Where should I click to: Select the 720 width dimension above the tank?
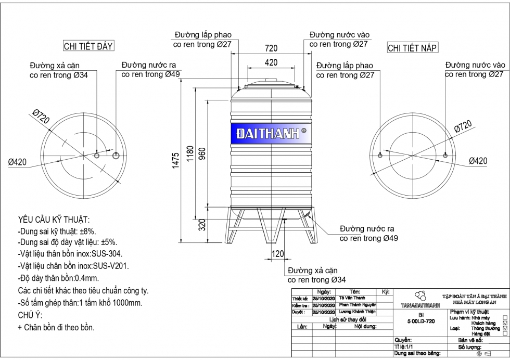click(x=271, y=48)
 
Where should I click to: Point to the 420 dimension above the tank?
click(x=271, y=62)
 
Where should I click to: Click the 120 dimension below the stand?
click(x=278, y=254)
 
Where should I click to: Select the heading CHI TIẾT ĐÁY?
click(x=88, y=46)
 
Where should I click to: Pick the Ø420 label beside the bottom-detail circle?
click(x=17, y=162)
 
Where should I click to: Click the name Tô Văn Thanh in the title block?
click(x=352, y=298)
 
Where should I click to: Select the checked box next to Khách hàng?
click(x=505, y=323)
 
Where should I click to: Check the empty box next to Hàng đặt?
click(x=505, y=333)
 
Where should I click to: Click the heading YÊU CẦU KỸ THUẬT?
click(x=54, y=220)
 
